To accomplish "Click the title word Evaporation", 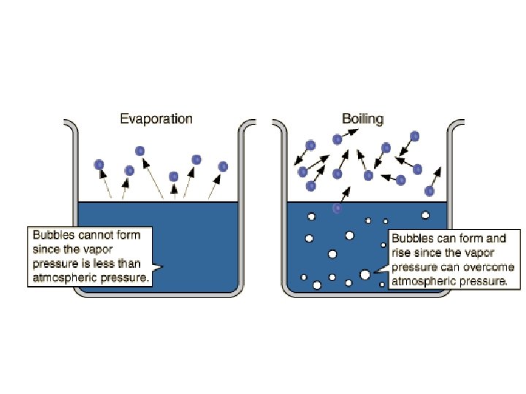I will click(x=156, y=119).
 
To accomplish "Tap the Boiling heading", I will click(x=363, y=118).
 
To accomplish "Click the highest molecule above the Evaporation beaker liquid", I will click(x=140, y=151).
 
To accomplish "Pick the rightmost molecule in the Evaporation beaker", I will click(x=223, y=166).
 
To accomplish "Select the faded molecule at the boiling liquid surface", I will click(x=337, y=208).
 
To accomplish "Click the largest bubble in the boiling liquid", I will click(x=365, y=274).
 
